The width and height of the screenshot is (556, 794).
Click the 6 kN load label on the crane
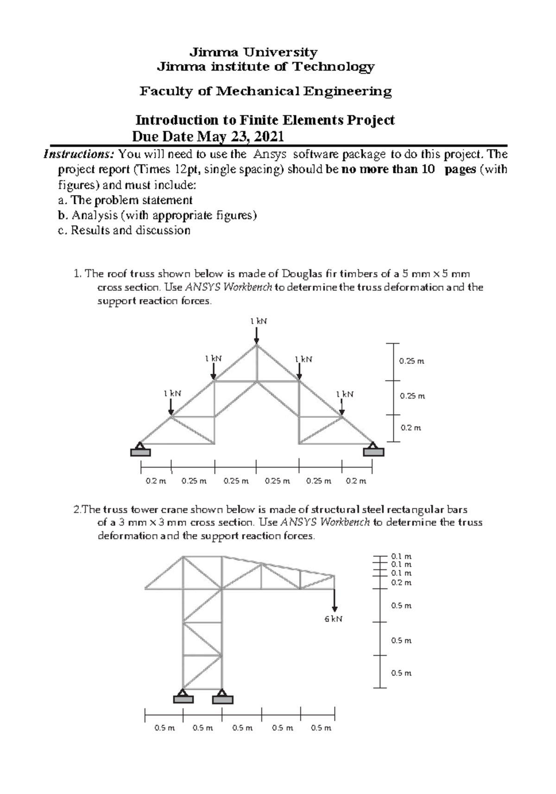click(333, 619)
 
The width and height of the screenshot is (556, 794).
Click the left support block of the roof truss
click(140, 452)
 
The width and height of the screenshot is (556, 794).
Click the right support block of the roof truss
click(373, 452)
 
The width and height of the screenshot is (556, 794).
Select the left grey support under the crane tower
click(183, 699)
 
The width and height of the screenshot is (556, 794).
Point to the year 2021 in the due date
click(269, 137)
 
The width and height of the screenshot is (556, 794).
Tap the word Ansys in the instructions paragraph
click(270, 154)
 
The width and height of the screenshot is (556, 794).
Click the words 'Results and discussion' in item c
click(130, 230)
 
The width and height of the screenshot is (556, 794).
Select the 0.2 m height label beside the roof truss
click(411, 428)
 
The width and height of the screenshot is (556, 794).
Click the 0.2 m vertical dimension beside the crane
click(401, 583)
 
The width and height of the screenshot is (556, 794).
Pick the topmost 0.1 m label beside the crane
click(401, 556)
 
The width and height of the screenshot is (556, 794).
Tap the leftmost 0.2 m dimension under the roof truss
click(156, 481)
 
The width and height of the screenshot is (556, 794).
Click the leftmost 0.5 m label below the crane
click(164, 728)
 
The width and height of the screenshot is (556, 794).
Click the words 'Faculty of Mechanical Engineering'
click(265, 91)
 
